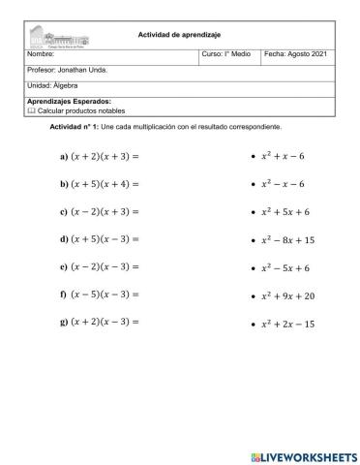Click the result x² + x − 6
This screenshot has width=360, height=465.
[x=284, y=155]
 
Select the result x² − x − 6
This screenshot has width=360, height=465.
[x=284, y=182]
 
